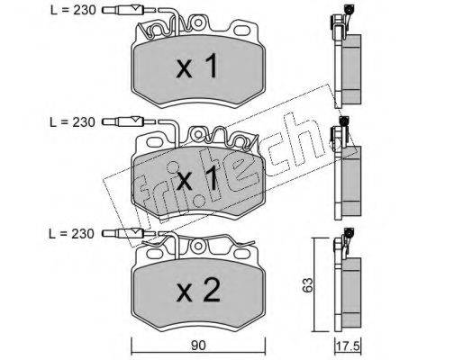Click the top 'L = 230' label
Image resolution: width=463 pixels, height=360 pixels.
(73, 10)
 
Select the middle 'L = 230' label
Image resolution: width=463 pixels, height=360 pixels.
(72, 122)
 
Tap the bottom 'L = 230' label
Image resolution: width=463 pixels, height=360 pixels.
(72, 234)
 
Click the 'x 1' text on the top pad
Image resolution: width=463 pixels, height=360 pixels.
(197, 66)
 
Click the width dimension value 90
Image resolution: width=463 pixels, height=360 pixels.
(198, 346)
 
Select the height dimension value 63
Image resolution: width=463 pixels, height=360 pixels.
(308, 284)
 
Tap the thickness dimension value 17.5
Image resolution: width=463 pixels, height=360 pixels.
(348, 346)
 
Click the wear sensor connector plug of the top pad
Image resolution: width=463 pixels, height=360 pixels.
(123, 11)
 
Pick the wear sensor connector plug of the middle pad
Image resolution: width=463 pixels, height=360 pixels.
(123, 121)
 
